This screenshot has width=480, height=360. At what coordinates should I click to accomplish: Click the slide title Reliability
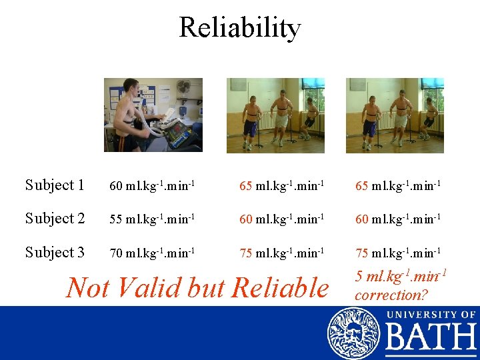(x=239, y=28)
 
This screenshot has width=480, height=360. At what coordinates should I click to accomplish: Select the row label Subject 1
(x=55, y=185)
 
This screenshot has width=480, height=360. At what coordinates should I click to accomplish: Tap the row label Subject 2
(x=55, y=219)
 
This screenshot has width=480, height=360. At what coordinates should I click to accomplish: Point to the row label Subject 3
(x=55, y=253)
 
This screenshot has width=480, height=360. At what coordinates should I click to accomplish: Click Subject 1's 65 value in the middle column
(x=282, y=186)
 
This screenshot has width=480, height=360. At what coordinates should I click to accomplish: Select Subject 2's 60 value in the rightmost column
(x=398, y=219)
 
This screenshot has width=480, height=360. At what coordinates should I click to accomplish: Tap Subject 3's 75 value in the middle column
(x=282, y=253)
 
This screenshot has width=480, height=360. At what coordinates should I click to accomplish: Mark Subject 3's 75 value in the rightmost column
(x=398, y=253)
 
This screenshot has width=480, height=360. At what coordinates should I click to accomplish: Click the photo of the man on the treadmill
(x=153, y=115)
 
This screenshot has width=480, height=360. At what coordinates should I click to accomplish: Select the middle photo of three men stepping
(x=275, y=115)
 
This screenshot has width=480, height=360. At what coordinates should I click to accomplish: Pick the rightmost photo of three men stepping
(x=395, y=115)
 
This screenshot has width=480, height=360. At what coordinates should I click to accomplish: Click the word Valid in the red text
(x=150, y=287)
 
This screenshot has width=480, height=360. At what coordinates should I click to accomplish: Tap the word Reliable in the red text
(x=275, y=287)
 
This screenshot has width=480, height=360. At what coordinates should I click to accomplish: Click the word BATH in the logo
(x=431, y=337)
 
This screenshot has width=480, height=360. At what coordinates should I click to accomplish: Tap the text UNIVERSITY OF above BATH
(x=430, y=314)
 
